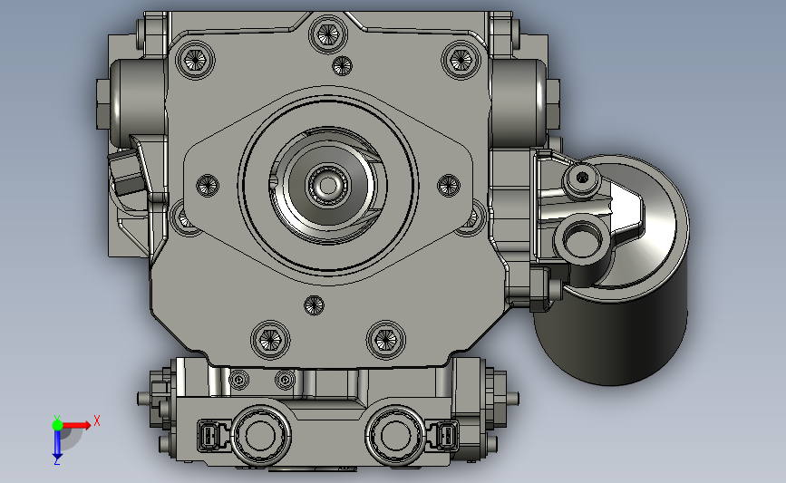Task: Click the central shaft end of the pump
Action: point(328,186)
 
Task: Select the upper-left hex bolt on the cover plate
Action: point(195,60)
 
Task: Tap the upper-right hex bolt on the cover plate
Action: point(461,60)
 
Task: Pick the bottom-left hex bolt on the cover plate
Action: point(271,340)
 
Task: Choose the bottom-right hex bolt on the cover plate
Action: point(386,340)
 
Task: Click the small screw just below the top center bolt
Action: point(342,65)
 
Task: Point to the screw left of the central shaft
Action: point(207,186)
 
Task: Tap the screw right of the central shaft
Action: point(449,186)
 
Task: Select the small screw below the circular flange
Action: point(314,304)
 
